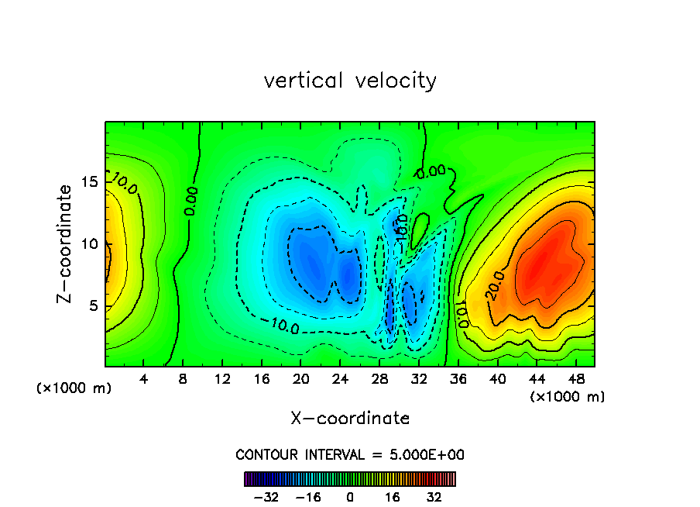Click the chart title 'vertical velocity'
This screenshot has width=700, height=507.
coord(350,81)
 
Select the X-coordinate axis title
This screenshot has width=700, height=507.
coord(350,419)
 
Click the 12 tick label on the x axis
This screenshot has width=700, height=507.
coord(222,380)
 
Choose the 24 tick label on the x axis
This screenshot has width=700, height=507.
coord(340,380)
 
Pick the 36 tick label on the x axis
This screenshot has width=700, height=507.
coord(458,380)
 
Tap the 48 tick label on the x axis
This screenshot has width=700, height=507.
coord(575,380)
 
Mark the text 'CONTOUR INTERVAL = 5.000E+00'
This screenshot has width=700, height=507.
coord(350,454)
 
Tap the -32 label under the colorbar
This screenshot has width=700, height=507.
coord(266,497)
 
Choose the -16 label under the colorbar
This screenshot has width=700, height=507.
coord(308,497)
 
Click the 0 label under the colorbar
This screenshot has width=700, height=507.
coord(350,497)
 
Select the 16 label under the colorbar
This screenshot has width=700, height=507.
coord(393,497)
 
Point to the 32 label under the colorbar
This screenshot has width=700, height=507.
coord(434,497)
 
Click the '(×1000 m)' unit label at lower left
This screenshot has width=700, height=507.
coord(74,388)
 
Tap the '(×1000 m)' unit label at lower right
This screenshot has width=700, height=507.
coord(568,397)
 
